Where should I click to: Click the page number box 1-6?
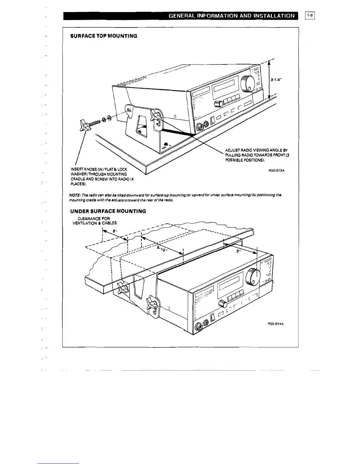[x=310, y=15]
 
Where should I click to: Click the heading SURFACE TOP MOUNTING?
[x=104, y=36]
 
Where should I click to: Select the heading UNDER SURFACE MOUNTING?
[x=108, y=211]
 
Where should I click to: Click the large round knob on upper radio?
[x=247, y=83]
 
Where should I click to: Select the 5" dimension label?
[x=239, y=252]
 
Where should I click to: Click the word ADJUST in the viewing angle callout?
[x=231, y=150]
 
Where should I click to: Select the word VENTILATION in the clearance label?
[x=85, y=223]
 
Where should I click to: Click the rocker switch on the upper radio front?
[x=211, y=121]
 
